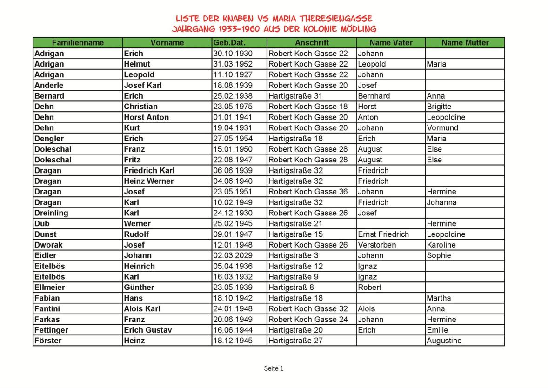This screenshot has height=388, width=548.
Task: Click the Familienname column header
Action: tap(78, 43)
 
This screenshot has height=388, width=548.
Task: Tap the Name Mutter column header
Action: tap(465, 43)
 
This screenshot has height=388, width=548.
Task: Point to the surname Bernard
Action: tap(49, 96)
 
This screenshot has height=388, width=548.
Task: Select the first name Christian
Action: tap(140, 107)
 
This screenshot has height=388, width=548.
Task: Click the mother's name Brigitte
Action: tap(439, 107)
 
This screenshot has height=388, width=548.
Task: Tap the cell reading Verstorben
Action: tap(377, 245)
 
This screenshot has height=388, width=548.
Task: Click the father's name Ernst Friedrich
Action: tap(383, 234)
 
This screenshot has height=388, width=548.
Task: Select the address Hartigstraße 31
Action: tap(295, 96)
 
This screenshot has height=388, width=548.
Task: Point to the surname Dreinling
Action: tap(51, 213)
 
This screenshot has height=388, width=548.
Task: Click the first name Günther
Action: tap(139, 288)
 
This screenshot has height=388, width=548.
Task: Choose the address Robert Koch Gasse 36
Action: tap(307, 192)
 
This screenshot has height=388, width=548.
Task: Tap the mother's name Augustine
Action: tap(444, 341)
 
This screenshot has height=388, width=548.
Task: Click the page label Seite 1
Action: tap(274, 368)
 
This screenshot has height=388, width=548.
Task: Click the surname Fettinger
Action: tap(51, 330)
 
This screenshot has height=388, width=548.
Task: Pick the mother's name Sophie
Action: tap(438, 255)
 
